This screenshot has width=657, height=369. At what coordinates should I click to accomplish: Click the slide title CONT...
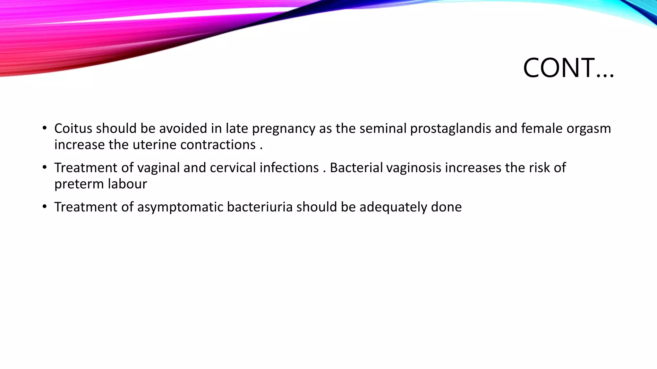coord(568,68)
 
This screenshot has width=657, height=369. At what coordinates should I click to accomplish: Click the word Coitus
coord(73,128)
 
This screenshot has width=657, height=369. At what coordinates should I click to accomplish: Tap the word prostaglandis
coord(450,129)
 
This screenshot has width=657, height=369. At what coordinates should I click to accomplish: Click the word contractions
coord(218,145)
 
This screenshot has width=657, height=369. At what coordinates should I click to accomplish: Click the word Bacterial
coord(356,168)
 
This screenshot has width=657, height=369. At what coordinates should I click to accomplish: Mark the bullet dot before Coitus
coord(45,128)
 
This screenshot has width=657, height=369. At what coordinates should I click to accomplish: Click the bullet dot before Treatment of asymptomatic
coord(45,207)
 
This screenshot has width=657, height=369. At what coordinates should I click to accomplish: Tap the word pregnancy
coord(284,129)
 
